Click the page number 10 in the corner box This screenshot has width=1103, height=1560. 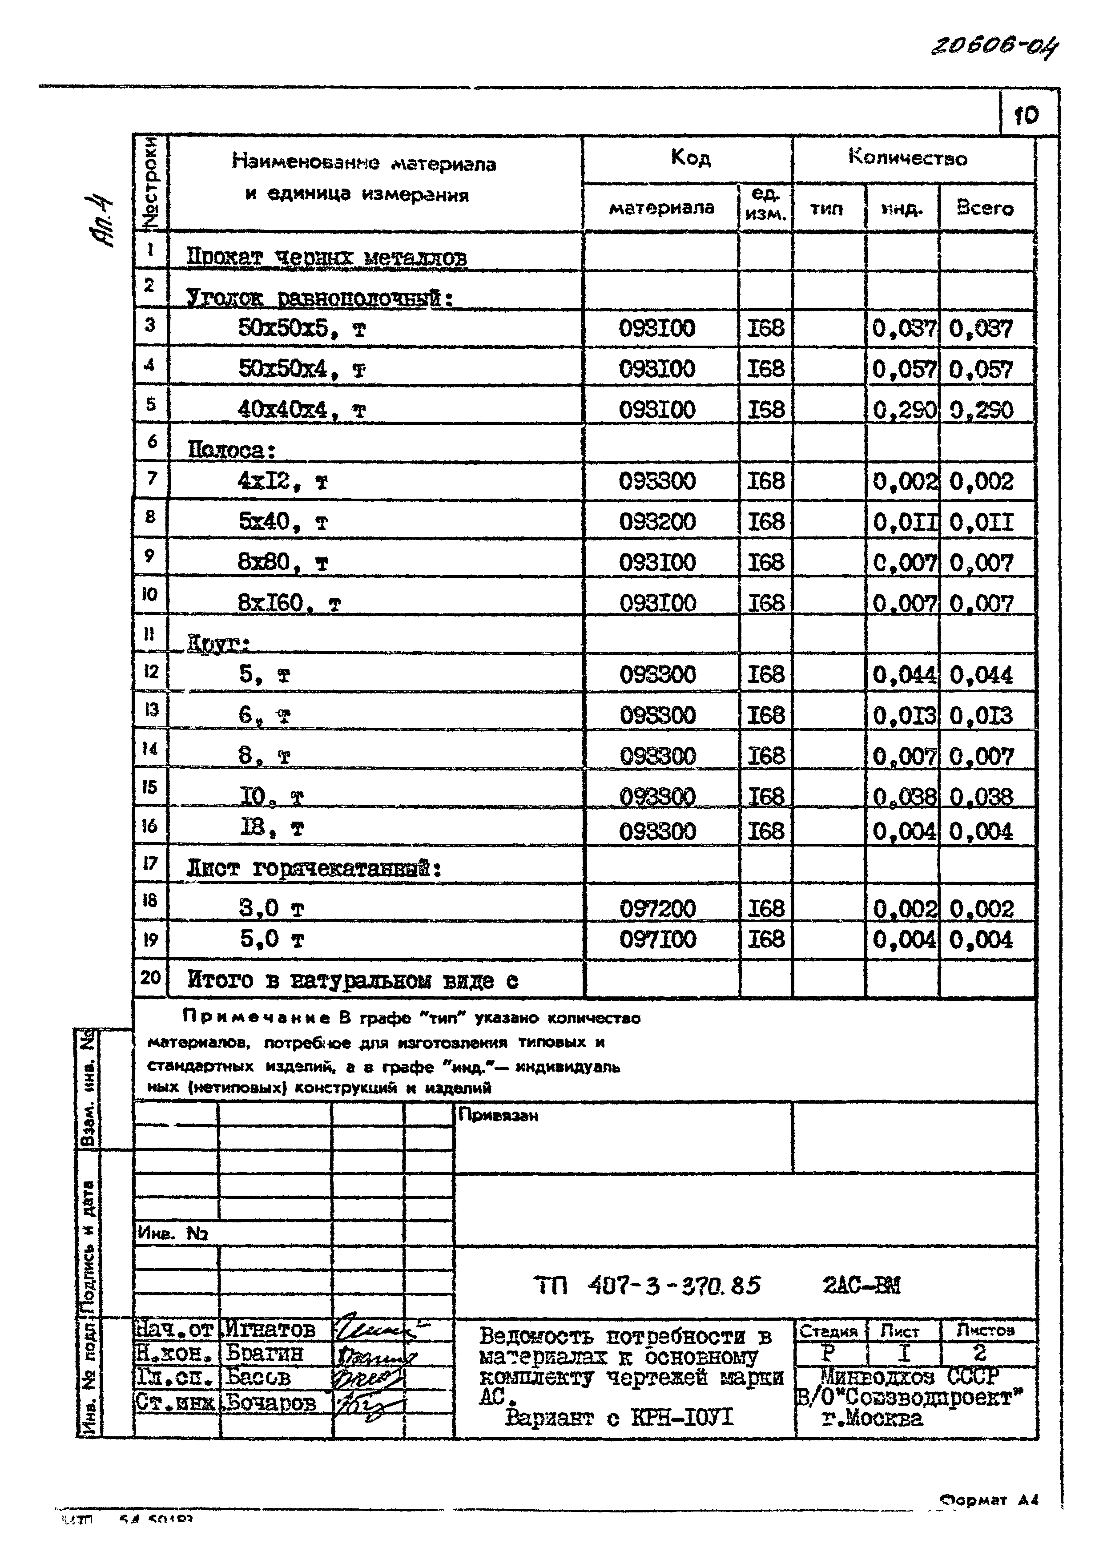[x=1026, y=116]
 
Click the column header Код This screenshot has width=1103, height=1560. [x=690, y=158]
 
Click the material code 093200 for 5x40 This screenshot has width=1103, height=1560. [x=657, y=522]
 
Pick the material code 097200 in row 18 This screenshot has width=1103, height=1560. [x=657, y=908]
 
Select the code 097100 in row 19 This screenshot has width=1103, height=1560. [x=657, y=939]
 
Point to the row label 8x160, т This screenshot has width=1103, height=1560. [x=289, y=603]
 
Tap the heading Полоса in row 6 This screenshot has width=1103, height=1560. [x=231, y=450]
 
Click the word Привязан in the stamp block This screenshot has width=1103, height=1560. [x=498, y=1116]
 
